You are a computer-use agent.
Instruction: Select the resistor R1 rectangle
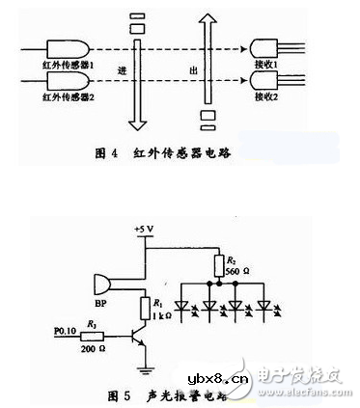point(145,308)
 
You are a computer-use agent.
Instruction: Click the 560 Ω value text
point(235,273)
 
